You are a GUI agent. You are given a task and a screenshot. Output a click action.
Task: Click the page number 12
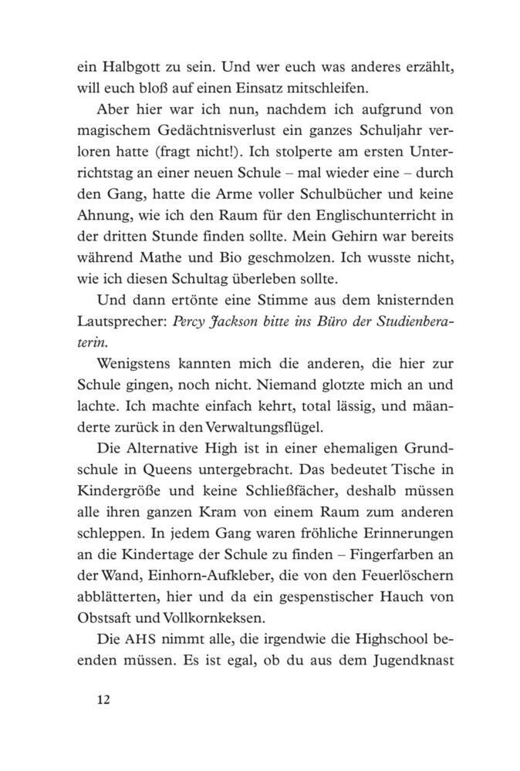tap(104, 699)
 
